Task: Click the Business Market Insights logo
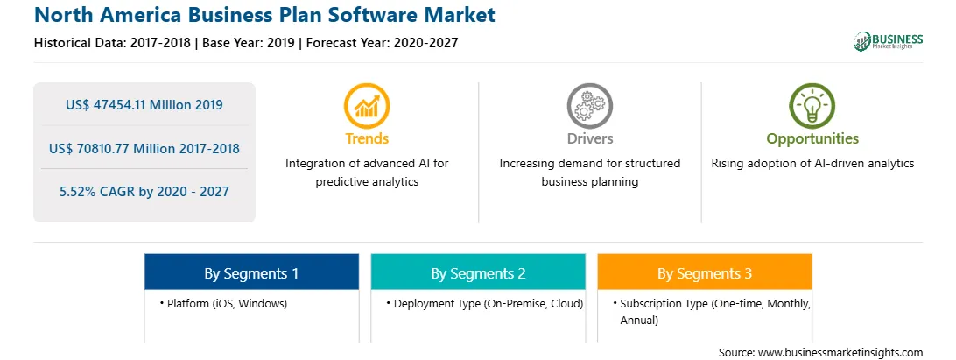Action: pos(888,41)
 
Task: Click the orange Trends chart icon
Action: pos(367,106)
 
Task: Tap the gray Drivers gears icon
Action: pos(589,106)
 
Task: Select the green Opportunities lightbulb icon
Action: pos(812,106)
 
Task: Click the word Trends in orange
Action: pos(367,138)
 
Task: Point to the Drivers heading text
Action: pos(589,138)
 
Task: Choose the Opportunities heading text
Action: pos(812,139)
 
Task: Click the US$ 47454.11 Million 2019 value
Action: pos(144,104)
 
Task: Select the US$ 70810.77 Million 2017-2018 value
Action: pos(144,148)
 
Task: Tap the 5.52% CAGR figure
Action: pos(144,192)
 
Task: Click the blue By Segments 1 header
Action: pos(251,272)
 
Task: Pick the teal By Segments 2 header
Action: pos(478,272)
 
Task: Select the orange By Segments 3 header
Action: pos(704,272)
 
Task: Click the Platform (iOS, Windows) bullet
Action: pos(223,303)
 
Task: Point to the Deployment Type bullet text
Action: pos(485,303)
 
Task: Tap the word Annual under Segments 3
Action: pos(639,320)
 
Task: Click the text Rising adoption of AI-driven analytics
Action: pos(812,164)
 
